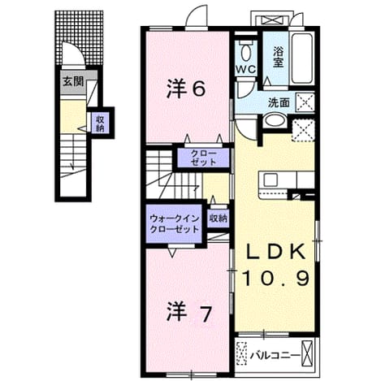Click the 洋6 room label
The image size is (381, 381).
coord(186,89)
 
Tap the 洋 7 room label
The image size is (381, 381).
coord(188,313)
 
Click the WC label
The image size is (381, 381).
coord(245,70)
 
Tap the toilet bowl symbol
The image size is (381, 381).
coord(245,52)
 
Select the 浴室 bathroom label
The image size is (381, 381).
coord(278,58)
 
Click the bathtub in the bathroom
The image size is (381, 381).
coord(302,58)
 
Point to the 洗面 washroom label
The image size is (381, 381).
coord(279,102)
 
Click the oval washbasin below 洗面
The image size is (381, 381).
coord(275,121)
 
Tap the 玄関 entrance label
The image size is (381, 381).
coord(73,81)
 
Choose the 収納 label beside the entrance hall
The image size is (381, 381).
coord(101,123)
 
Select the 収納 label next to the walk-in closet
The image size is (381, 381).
coord(218,219)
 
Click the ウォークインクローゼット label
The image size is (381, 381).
coord(175,224)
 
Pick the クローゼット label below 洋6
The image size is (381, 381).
coord(204,158)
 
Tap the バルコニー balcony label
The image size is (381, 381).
coord(275,355)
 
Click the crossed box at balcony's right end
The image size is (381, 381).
coord(307,353)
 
